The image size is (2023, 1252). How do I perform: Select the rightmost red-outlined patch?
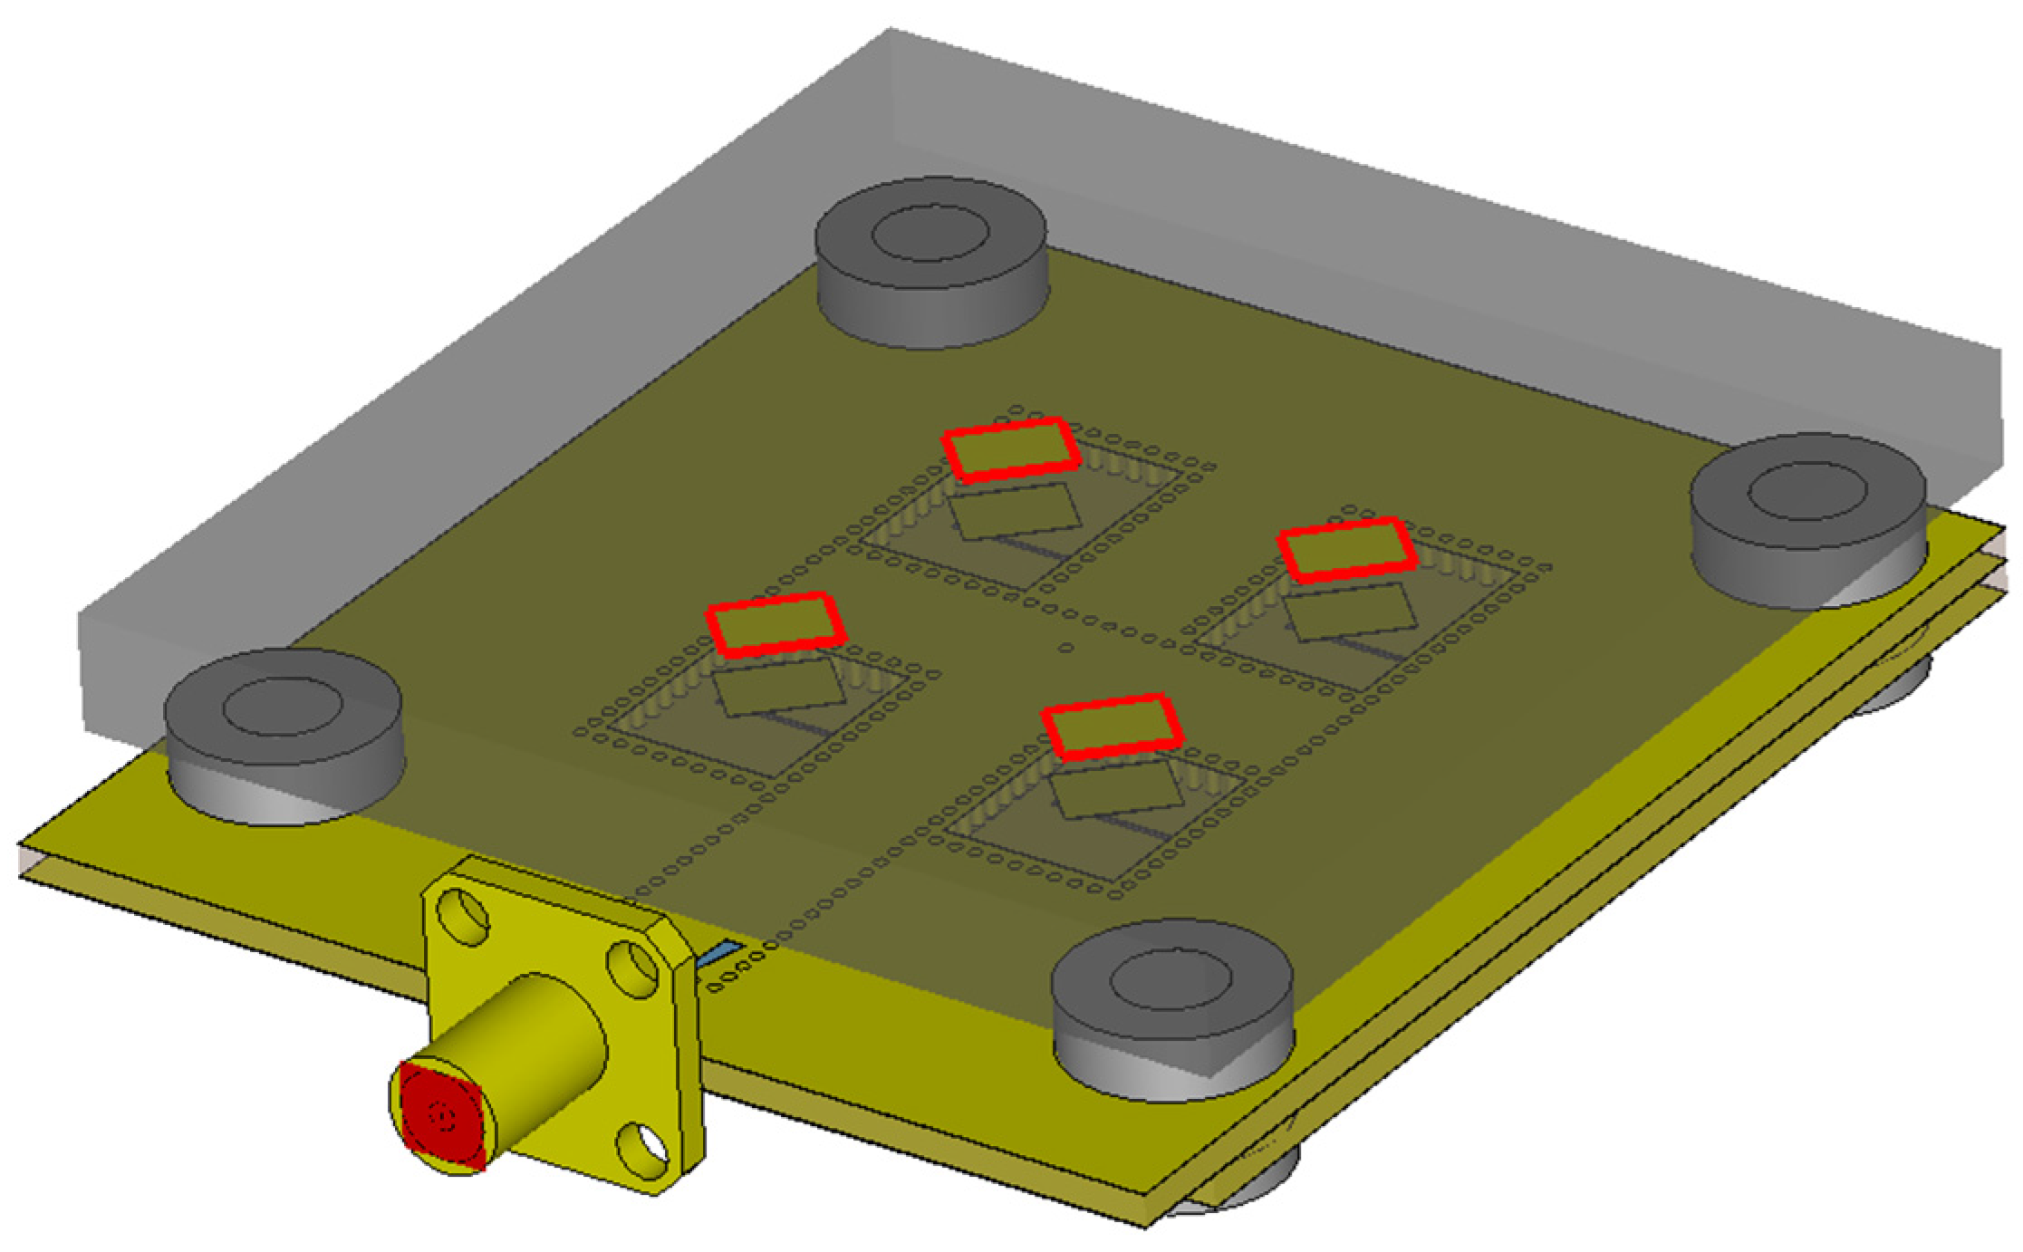click(x=1346, y=550)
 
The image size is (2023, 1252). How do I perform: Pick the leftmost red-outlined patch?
click(x=775, y=624)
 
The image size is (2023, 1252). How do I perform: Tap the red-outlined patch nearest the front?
click(x=1113, y=727)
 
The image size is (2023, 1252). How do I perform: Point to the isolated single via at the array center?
click(x=1066, y=648)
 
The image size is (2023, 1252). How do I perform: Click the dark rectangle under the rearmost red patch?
click(x=1015, y=511)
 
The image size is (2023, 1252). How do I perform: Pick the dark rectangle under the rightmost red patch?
click(x=1350, y=612)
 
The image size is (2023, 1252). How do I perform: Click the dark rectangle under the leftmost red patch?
click(x=779, y=686)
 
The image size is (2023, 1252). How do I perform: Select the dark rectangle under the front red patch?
click(x=1117, y=788)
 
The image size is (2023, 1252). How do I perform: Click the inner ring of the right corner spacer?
click(x=1806, y=492)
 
